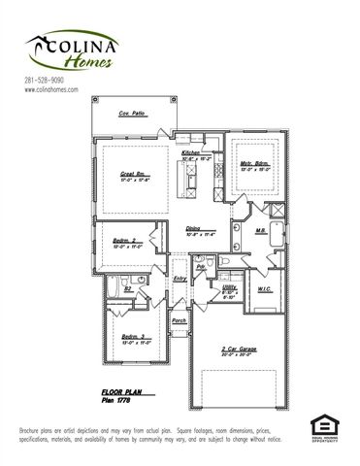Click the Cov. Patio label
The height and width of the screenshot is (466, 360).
pyautogui.click(x=131, y=114)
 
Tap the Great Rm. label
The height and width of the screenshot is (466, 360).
pyautogui.click(x=133, y=173)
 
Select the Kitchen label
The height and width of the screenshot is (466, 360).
pyautogui.click(x=190, y=153)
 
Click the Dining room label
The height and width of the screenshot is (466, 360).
pyautogui.click(x=198, y=229)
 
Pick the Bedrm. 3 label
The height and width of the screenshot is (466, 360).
pyautogui.click(x=133, y=338)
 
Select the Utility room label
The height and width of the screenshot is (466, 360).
pyautogui.click(x=229, y=288)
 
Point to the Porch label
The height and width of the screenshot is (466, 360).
pyautogui.click(x=179, y=319)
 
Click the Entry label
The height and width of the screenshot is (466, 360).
pyautogui.click(x=180, y=279)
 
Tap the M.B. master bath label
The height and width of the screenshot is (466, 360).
pyautogui.click(x=260, y=231)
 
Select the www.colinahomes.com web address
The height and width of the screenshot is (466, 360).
pyautogui.click(x=50, y=89)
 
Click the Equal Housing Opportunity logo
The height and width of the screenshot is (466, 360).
pyautogui.click(x=322, y=426)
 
